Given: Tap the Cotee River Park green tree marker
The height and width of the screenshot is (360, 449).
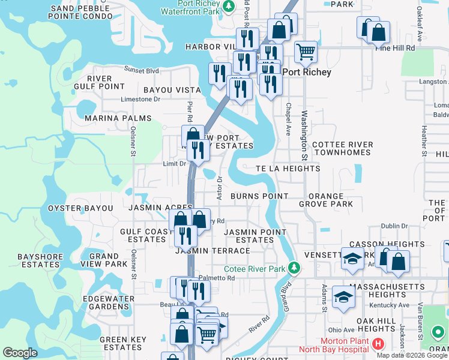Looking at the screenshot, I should click(294, 267).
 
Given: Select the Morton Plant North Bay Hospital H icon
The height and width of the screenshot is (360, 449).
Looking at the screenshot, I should click(378, 344).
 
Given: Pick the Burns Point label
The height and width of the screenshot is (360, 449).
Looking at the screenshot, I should click(259, 196).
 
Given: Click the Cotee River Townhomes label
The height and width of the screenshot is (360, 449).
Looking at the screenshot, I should click(342, 149).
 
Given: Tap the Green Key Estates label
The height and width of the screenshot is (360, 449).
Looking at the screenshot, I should click(122, 343).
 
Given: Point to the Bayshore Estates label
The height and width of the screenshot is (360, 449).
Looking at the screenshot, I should click(38, 260).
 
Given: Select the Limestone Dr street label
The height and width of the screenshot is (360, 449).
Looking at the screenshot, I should click(140, 100).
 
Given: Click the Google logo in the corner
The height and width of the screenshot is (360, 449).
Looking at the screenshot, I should click(20, 353).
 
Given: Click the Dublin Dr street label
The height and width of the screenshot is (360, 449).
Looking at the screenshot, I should click(394, 226).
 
